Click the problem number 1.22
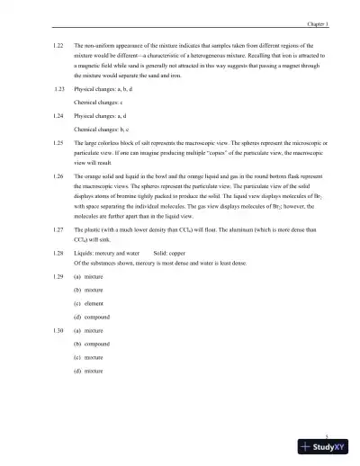(59, 44)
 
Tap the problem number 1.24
(59, 116)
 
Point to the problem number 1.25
(59, 142)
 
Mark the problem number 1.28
(59, 255)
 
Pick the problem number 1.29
(59, 276)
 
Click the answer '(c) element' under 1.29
(90, 304)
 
